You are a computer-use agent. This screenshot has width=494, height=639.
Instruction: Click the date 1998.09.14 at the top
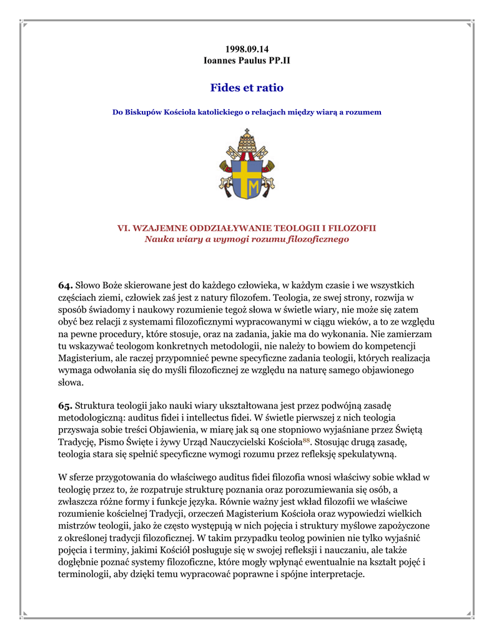pyautogui.click(x=247, y=49)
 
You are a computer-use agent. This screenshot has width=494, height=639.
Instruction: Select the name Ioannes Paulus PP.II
pyautogui.click(x=247, y=61)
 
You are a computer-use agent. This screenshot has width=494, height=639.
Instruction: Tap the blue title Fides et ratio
pyautogui.click(x=247, y=88)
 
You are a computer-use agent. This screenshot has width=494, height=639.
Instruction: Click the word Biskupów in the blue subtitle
pyautogui.click(x=147, y=112)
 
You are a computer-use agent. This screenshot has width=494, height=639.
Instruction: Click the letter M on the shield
pyautogui.click(x=254, y=187)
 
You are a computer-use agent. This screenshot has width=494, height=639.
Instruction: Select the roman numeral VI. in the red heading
pyautogui.click(x=125, y=228)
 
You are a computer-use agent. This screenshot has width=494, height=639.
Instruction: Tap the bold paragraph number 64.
pyautogui.click(x=66, y=285)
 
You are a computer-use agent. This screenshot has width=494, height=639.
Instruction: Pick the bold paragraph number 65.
pyautogui.click(x=66, y=406)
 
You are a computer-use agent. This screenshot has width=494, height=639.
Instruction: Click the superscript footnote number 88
pyautogui.click(x=306, y=440)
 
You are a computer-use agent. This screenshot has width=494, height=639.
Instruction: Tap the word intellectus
pyautogui.click(x=225, y=417)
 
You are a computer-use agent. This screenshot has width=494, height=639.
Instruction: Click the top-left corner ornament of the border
pyautogui.click(x=23, y=24)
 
